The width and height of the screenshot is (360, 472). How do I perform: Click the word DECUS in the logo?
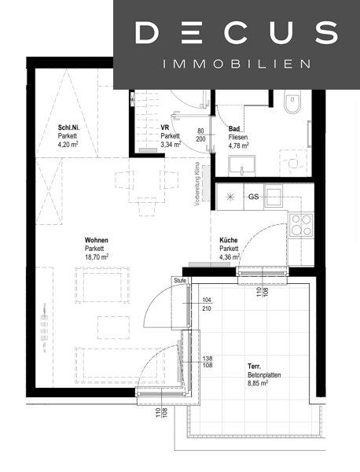pyautogui.click(x=237, y=32)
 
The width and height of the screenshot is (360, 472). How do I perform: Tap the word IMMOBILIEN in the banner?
pyautogui.click(x=237, y=64)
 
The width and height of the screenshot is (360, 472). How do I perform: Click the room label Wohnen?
pyautogui.click(x=96, y=240)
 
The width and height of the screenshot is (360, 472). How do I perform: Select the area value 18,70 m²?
pyautogui.click(x=97, y=257)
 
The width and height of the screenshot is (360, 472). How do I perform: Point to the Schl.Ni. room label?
pyautogui.click(x=69, y=127)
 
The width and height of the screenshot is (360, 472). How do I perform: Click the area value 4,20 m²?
pyautogui.click(x=68, y=144)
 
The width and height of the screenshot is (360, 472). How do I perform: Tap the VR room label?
pyautogui.click(x=165, y=127)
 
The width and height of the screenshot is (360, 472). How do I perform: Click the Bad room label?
pyautogui.click(x=234, y=129)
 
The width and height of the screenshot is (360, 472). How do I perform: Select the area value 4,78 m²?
pyautogui.click(x=238, y=146)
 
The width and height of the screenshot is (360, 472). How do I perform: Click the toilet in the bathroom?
pyautogui.click(x=292, y=101)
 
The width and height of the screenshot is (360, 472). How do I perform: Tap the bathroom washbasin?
pyautogui.click(x=241, y=165)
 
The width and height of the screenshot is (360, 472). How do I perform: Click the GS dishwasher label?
pyautogui.click(x=254, y=197)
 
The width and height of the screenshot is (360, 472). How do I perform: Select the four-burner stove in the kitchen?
pyautogui.click(x=301, y=225)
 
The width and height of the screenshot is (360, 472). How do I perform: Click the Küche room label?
pyautogui.click(x=229, y=240)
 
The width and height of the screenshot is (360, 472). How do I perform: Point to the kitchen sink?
pyautogui.click(x=274, y=196)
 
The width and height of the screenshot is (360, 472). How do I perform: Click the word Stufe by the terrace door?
pyautogui.click(x=180, y=281)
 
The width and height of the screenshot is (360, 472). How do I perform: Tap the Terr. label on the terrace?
pyautogui.click(x=254, y=367)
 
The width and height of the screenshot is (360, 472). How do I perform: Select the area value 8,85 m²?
pyautogui.click(x=258, y=384)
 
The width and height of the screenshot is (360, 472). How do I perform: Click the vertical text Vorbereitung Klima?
pyautogui.click(x=197, y=184)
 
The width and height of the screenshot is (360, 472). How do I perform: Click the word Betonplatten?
pyautogui.click(x=264, y=375)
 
